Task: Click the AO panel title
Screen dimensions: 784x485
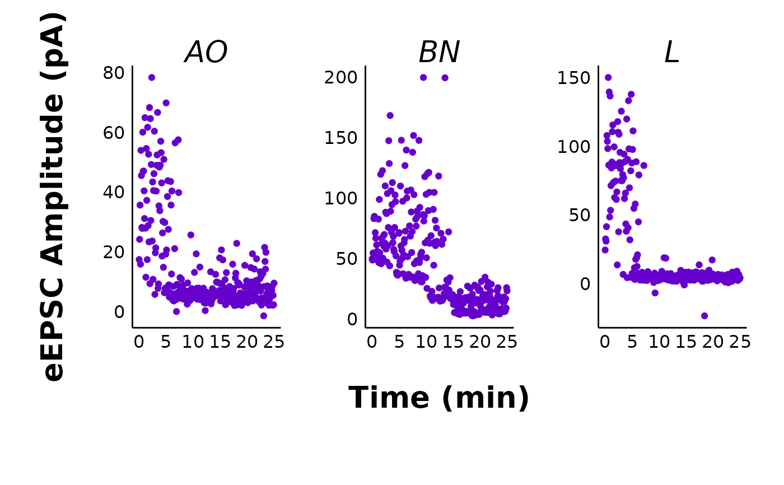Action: coord(206,52)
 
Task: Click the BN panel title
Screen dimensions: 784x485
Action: coord(439,52)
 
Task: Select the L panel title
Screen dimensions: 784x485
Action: coord(671,52)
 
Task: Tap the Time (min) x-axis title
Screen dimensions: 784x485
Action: coord(438,398)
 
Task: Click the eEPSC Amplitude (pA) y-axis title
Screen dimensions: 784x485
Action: coord(52,197)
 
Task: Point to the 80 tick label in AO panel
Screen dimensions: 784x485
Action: coord(113,73)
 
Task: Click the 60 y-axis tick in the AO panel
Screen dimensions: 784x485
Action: coord(113,133)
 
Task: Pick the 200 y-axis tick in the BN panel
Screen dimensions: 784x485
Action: coord(340,77)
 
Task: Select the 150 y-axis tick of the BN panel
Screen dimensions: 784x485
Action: coord(340,138)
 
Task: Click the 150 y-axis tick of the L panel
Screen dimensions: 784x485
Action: coord(573,78)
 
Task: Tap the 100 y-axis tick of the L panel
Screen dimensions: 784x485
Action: coord(573,147)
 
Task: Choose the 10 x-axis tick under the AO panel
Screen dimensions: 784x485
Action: coord(193,342)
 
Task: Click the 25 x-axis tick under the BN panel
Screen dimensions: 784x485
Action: coord(506,342)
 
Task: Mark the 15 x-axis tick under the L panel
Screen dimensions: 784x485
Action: coord(686,342)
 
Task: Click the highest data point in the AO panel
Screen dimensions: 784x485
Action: coord(152,77)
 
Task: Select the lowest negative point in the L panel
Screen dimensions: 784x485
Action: coord(704,316)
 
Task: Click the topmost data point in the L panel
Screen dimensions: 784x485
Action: coord(608,77)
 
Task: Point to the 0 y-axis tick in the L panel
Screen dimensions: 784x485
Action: coord(585,284)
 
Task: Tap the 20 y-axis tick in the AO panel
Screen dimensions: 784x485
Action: coord(113,252)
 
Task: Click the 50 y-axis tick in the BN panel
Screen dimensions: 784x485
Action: coord(347,259)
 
